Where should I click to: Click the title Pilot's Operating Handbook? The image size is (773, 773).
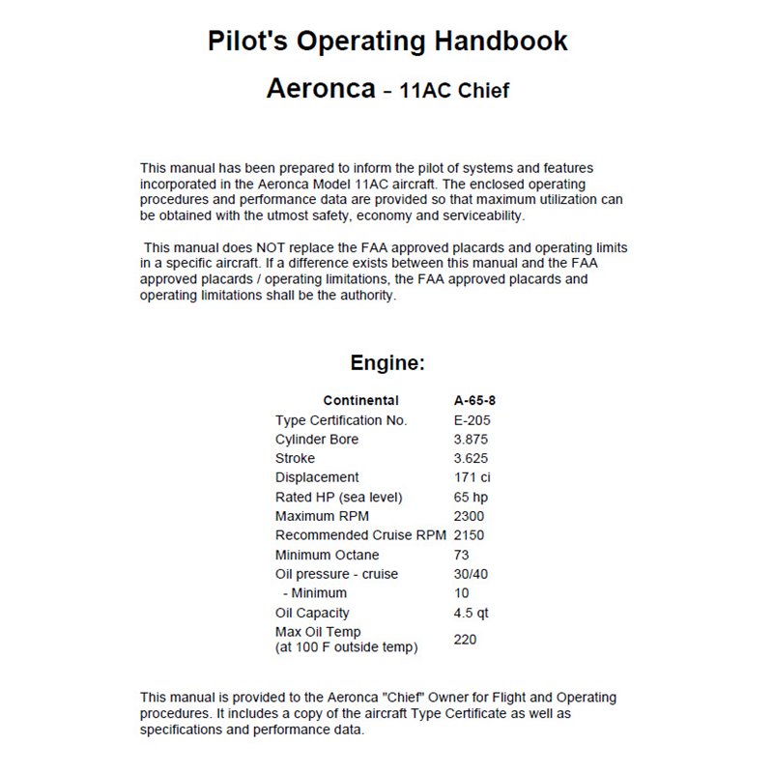coord(387,42)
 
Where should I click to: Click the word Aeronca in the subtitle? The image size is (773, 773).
coord(320,90)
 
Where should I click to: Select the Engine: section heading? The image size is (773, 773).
coord(386,364)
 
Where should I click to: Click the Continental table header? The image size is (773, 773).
coord(360,401)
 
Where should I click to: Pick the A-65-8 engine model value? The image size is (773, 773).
coord(474,401)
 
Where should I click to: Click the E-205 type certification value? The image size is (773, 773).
coord(472,420)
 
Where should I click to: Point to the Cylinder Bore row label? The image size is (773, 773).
coord(317,440)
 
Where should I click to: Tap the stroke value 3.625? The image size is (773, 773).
coord(472,459)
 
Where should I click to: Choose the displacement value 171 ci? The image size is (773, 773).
coord(473,477)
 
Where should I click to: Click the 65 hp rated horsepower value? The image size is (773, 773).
coord(471,497)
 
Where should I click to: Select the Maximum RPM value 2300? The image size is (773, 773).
coord(469,516)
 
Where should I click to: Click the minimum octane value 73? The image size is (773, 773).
coord(462,555)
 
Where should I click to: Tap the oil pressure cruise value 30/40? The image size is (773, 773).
coord(472,574)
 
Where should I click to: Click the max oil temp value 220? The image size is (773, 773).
coord(465,639)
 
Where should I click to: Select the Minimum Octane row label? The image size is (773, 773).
coord(328,555)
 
